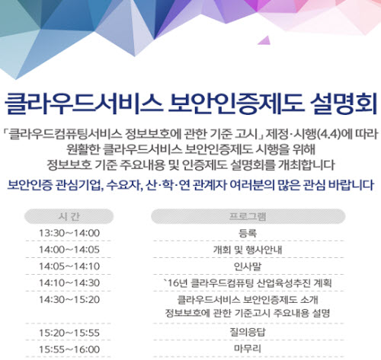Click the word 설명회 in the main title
click(344, 103)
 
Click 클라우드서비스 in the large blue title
click(83, 103)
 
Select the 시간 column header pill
click(69, 216)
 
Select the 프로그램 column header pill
click(248, 216)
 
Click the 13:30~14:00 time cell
click(69, 233)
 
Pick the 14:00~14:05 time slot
click(69, 250)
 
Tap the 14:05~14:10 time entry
click(69, 266)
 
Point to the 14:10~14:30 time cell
click(69, 283)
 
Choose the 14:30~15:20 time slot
click(69, 300)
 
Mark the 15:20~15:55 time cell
click(69, 333)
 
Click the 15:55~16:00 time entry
click(69, 349)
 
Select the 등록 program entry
click(248, 233)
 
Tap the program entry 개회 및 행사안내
click(248, 250)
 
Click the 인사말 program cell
click(248, 266)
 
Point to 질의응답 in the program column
click(248, 333)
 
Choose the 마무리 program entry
click(248, 349)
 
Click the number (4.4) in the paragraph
click(329, 134)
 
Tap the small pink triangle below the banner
click(264, 40)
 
